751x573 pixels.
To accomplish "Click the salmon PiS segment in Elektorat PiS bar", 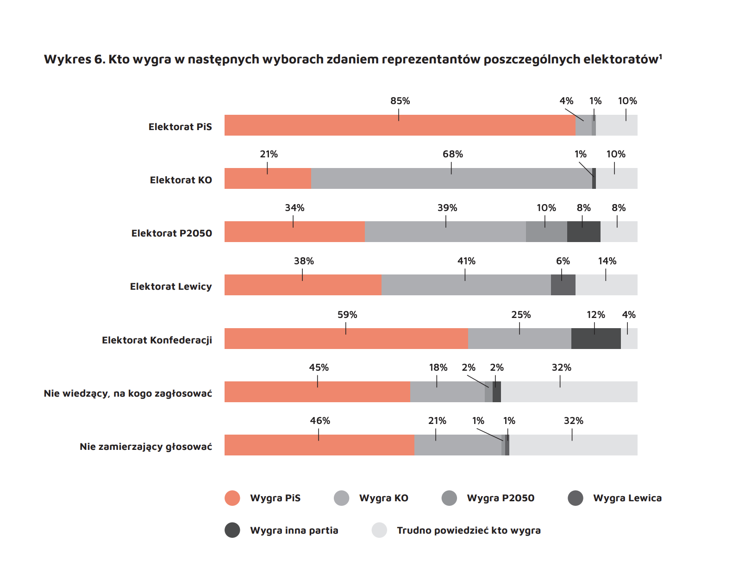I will click(400, 125).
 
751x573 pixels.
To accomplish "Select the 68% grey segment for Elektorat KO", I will click(451, 179).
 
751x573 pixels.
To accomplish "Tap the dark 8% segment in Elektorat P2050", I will click(583, 232).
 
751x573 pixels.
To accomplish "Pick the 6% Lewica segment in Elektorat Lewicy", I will click(563, 285).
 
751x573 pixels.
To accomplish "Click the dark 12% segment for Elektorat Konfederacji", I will click(596, 339).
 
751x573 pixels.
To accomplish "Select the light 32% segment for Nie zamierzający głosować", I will click(573, 445).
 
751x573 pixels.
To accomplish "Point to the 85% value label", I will click(400, 101).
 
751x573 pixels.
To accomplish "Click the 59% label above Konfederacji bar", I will click(347, 315).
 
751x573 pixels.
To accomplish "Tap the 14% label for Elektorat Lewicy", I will click(607, 261).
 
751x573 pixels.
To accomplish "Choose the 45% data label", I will click(319, 367).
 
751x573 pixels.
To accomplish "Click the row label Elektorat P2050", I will click(172, 233).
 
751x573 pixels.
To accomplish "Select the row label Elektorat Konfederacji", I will click(157, 340).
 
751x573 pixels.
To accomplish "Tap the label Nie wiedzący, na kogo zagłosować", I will click(128, 393).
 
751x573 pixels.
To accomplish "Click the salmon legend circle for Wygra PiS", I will click(232, 498).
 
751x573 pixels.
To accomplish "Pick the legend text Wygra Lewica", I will click(627, 498).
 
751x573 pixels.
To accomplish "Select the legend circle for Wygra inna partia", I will click(232, 530).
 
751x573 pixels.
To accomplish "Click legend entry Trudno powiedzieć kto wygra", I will click(469, 530).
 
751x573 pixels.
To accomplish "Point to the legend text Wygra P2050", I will click(501, 498).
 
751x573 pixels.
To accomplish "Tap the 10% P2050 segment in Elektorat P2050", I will click(546, 232).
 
